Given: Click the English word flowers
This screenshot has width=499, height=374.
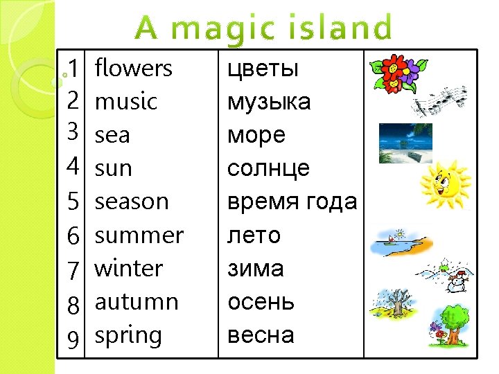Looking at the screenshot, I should (133, 69).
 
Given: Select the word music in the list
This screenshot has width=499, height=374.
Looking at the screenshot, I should (125, 102).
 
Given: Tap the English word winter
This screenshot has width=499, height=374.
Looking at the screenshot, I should (128, 268).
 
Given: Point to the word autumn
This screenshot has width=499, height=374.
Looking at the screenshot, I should (137, 302).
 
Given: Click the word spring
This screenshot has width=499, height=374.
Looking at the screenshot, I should (128, 336).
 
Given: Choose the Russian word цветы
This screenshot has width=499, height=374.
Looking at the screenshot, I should (263, 69).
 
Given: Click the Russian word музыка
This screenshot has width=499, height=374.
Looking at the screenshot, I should (269, 103).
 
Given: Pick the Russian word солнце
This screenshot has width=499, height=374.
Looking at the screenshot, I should (268, 169).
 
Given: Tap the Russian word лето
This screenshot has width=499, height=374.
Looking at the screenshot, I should (254, 235).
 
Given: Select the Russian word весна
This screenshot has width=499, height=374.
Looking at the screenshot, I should (261, 336).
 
